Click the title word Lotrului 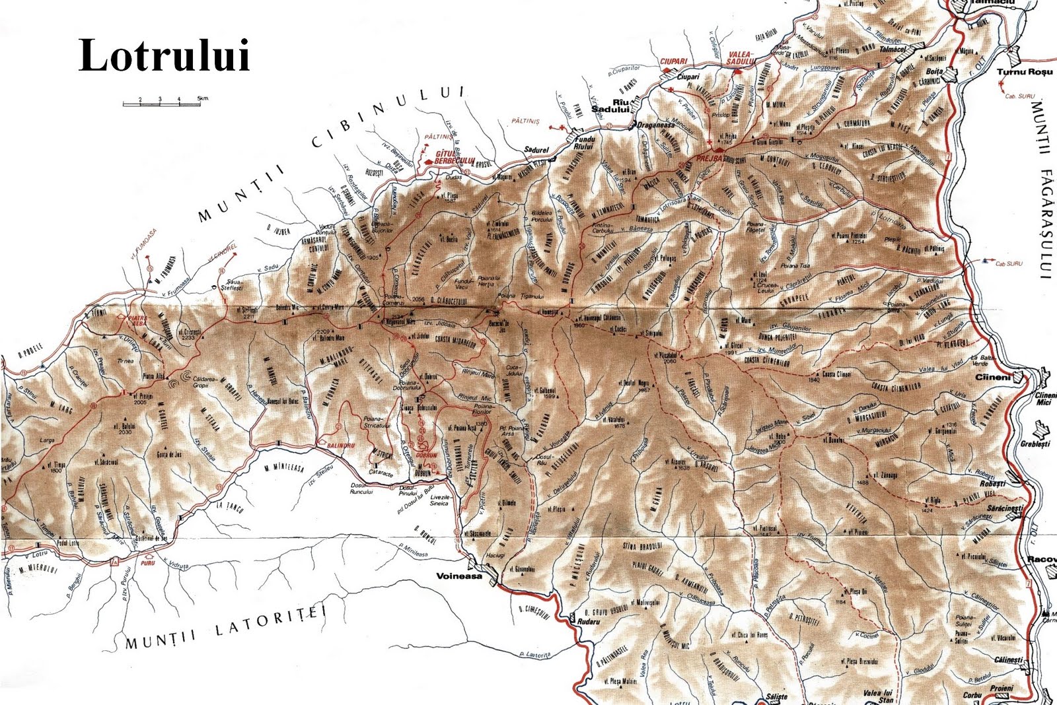(x=164, y=55)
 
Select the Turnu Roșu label (x=1023, y=71)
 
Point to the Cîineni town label (x=993, y=378)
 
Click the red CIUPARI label (x=674, y=61)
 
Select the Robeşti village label (x=992, y=484)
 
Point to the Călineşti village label (x=1008, y=659)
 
